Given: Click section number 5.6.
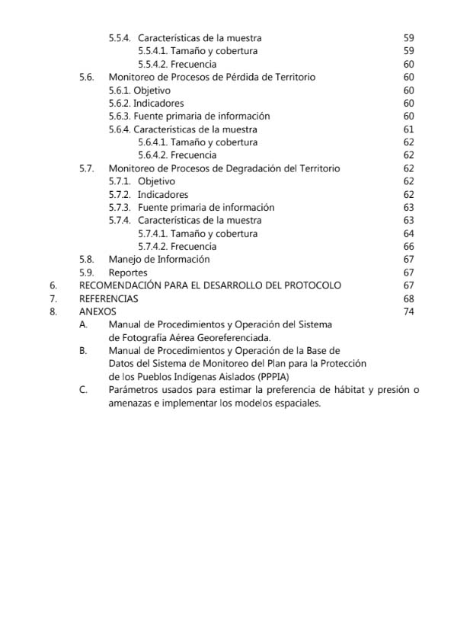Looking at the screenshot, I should coord(86,77).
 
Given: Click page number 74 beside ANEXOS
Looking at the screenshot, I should coord(408,311).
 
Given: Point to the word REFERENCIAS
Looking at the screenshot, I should coord(109,298).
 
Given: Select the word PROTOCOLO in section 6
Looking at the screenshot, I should coord(308,286).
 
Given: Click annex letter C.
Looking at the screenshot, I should coord(82,390).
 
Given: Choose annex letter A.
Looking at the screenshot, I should coord(82,324).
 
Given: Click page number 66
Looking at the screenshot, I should coord(408,247).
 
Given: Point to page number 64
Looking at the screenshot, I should coord(408,234).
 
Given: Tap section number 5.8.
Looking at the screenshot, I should coord(86,260).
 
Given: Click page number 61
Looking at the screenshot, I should coord(408,129).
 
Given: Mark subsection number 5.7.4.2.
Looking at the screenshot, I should coord(152,247).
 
